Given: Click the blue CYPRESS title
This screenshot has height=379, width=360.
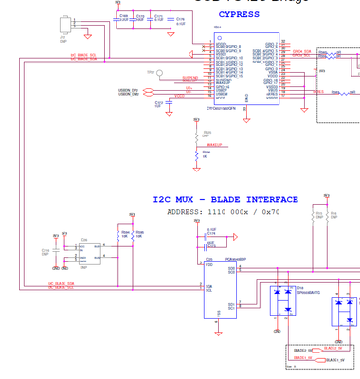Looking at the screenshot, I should pyautogui.click(x=239, y=15).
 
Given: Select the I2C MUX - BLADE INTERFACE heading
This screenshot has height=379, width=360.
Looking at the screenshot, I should pyautogui.click(x=225, y=200).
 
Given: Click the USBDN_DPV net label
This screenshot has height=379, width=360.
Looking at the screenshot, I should pyautogui.click(x=132, y=89).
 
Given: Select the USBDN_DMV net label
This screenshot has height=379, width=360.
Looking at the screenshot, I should pyautogui.click(x=132, y=95).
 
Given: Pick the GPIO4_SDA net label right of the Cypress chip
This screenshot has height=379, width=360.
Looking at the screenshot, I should pyautogui.click(x=300, y=51).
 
